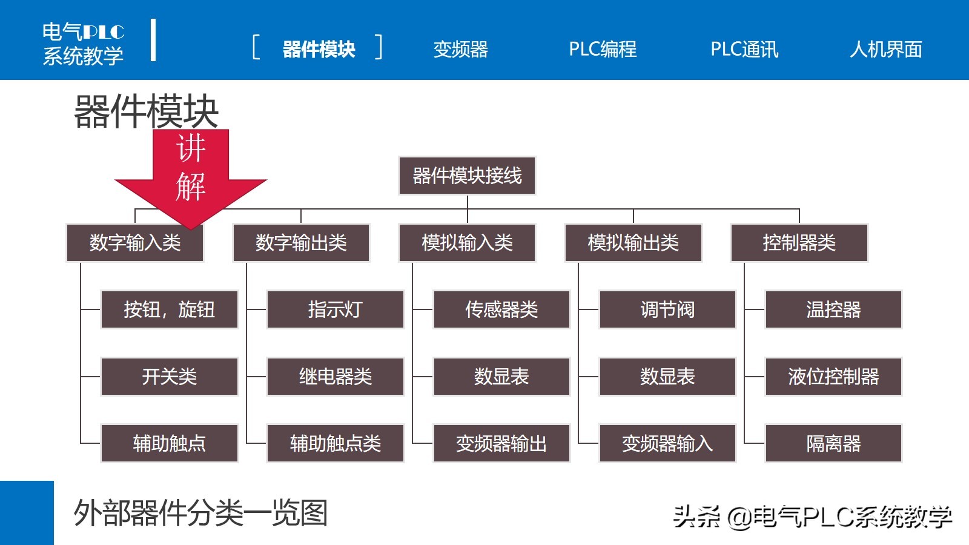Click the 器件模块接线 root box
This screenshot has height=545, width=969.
tap(467, 176)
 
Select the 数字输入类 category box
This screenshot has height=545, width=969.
tap(135, 243)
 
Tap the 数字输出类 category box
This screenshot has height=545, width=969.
tap(301, 243)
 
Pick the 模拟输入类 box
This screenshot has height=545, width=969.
tap(467, 243)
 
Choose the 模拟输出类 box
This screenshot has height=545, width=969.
tap(633, 243)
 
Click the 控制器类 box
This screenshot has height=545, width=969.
tap(799, 243)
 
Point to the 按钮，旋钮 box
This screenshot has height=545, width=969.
tap(169, 310)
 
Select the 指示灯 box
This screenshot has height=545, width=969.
tap(335, 310)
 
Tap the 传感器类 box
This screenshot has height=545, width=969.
tap(501, 310)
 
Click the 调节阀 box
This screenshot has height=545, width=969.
tap(667, 310)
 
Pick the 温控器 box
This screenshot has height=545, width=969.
tap(833, 310)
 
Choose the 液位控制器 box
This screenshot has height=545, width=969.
tap(833, 377)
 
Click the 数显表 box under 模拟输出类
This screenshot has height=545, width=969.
tap(667, 377)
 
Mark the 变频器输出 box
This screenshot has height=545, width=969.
tap(501, 444)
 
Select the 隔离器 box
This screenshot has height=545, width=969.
tap(833, 444)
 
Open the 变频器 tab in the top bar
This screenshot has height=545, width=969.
tap(460, 49)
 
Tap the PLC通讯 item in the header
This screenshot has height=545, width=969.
tap(744, 49)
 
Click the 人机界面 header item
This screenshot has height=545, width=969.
tap(885, 49)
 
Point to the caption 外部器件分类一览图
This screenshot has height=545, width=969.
tap(200, 514)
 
